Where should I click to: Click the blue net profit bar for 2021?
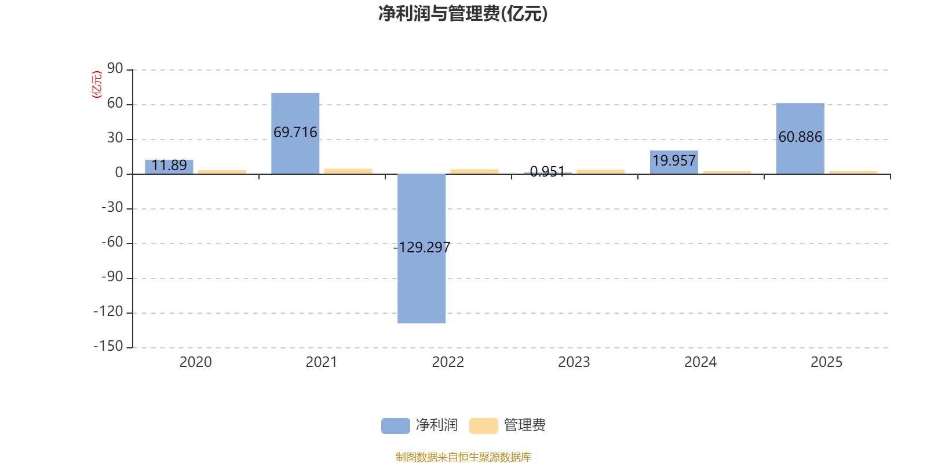tap(295, 110)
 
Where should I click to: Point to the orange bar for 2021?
tap(348, 171)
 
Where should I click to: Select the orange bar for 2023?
tap(601, 171)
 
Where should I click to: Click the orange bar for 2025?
tap(853, 172)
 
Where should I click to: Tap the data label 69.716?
tap(295, 133)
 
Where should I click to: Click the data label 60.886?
tap(800, 137)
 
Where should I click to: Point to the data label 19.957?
tap(674, 160)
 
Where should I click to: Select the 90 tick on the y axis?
tap(115, 69)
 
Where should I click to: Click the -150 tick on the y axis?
tap(108, 346)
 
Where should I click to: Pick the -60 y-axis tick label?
tap(112, 242)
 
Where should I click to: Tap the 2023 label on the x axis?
tap(574, 362)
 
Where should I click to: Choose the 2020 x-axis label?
tap(195, 362)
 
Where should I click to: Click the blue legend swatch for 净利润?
tap(395, 425)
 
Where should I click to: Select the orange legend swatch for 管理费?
tap(483, 425)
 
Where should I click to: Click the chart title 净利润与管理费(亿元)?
tap(463, 13)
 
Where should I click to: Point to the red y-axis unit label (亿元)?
tap(97, 84)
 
